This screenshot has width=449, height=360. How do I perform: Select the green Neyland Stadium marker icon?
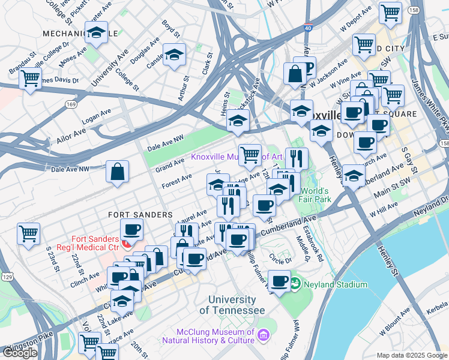click(x=295, y=282)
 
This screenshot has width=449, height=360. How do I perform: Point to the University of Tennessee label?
click(x=232, y=305)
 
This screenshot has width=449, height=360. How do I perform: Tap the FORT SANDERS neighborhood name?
click(x=140, y=214)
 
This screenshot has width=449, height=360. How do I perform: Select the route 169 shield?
click(x=71, y=104)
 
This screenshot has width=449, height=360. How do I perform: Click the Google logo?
click(x=20, y=352)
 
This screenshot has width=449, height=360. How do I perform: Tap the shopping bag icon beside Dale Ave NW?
click(x=118, y=172)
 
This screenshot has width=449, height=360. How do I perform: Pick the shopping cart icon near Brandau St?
click(x=29, y=78)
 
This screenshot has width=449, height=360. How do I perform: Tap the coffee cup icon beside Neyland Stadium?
click(x=279, y=280)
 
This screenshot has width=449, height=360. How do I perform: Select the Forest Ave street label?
click(x=176, y=180)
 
